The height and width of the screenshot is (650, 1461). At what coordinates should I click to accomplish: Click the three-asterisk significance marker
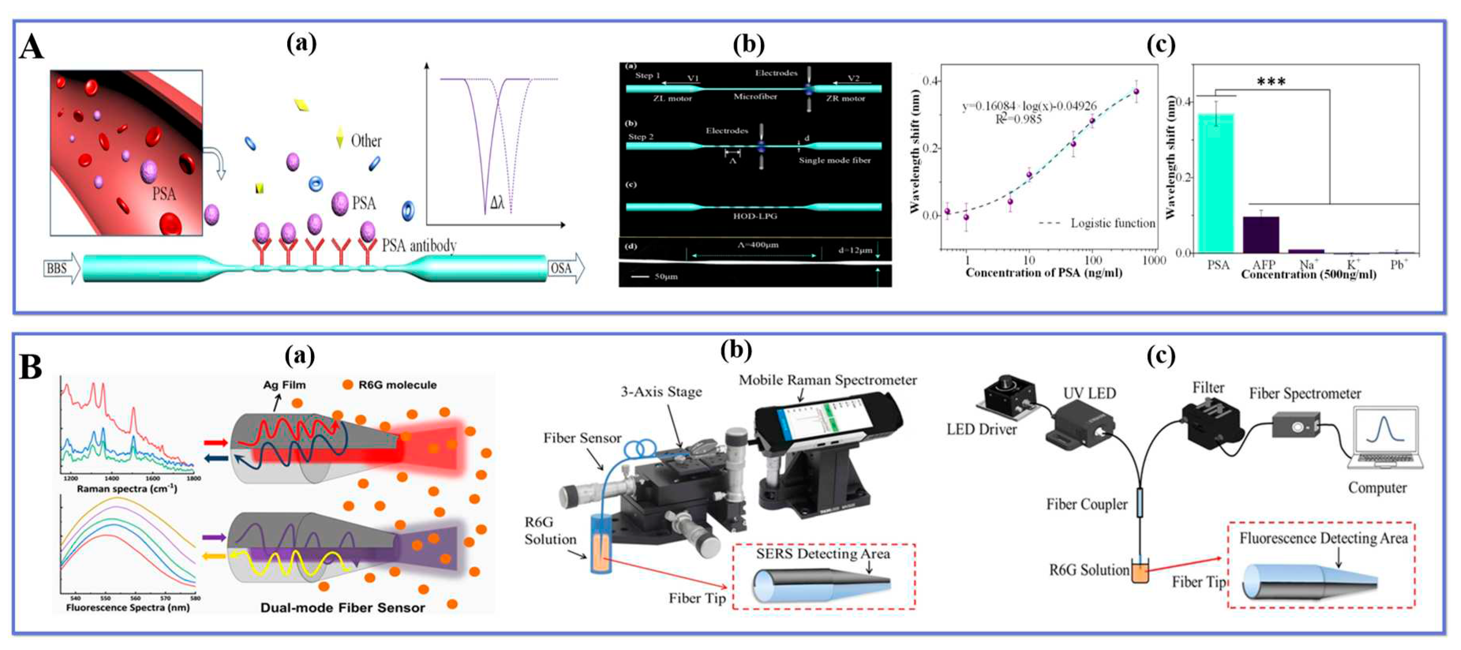point(1271,82)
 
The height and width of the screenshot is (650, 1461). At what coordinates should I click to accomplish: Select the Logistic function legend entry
point(1112,223)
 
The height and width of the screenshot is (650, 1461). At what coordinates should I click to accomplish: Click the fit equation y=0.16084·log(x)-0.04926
point(1029,106)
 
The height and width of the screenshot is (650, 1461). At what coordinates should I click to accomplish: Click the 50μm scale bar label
point(666,277)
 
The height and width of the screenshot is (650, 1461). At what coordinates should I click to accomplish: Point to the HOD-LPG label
point(754,216)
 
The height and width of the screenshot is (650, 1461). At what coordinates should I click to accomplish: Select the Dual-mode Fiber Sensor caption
point(342,607)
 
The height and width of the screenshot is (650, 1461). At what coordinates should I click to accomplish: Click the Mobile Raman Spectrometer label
point(827,380)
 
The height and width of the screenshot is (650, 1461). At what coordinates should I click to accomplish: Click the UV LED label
point(1089,393)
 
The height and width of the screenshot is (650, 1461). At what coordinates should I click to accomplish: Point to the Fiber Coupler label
point(1086,504)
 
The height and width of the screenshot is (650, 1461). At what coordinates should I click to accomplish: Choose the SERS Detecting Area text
point(822,554)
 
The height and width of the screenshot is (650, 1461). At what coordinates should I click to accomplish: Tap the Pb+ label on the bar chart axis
point(1399,265)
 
